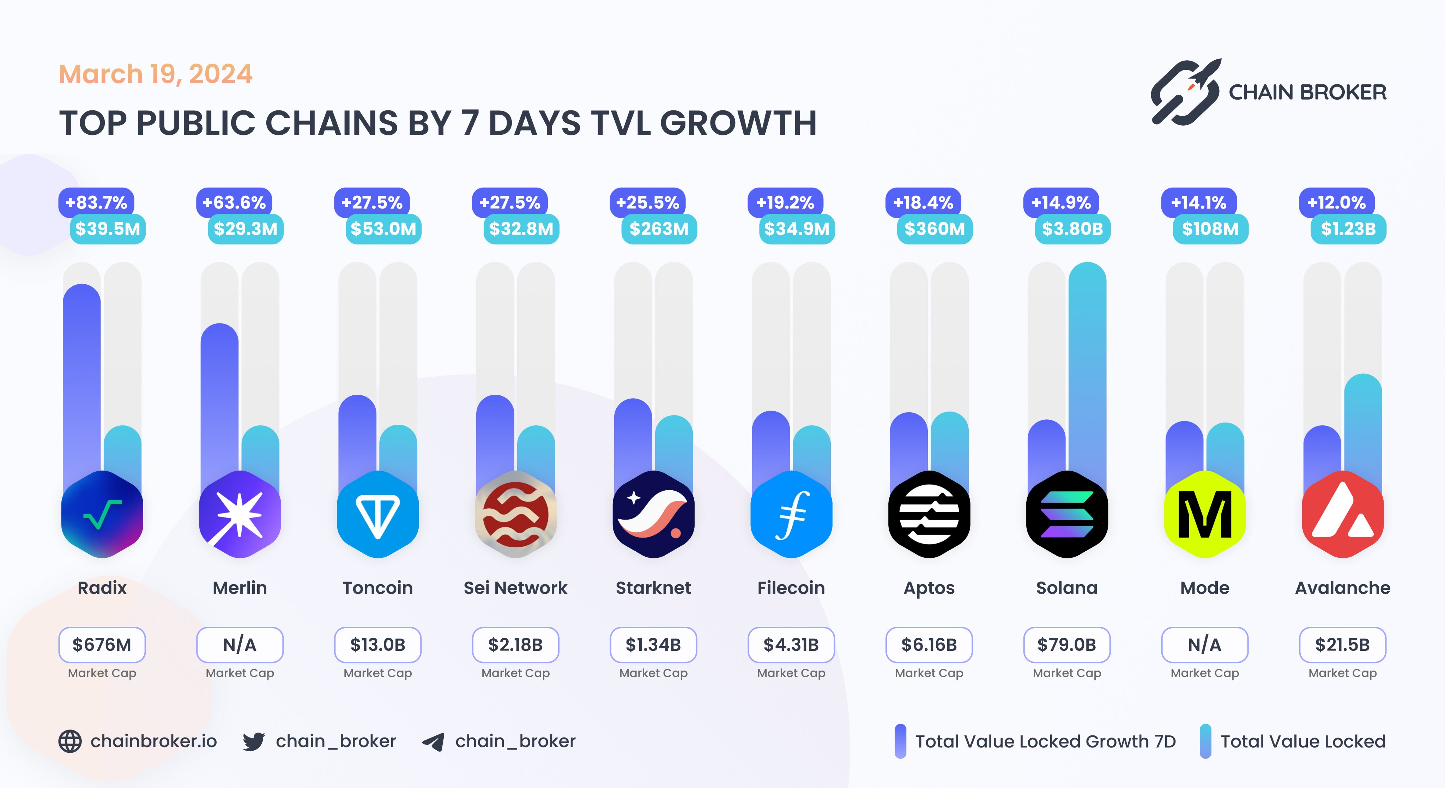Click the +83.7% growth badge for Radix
click(x=96, y=202)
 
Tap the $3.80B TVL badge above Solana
click(x=1072, y=229)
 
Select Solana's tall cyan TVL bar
click(x=1087, y=365)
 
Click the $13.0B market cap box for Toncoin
click(x=377, y=644)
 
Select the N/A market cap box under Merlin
click(x=240, y=644)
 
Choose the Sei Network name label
click(x=515, y=588)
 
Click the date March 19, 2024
click(x=155, y=74)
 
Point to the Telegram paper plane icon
click(x=433, y=741)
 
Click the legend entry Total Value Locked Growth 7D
click(x=1045, y=741)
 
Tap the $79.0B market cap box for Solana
click(x=1066, y=644)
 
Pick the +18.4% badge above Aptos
click(x=923, y=202)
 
